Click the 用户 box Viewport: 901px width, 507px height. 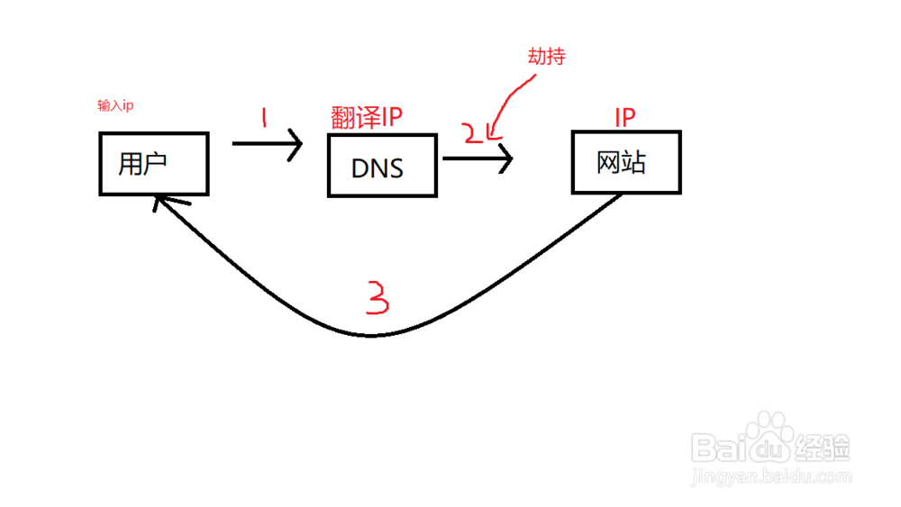point(154,163)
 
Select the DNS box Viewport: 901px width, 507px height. point(382,166)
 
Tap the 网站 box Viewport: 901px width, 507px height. point(626,162)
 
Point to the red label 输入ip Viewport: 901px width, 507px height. point(115,106)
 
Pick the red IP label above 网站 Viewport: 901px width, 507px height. point(625,117)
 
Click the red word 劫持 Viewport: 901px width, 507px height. point(546,57)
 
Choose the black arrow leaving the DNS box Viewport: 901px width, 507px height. point(478,159)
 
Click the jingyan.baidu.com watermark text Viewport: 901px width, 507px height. point(770,475)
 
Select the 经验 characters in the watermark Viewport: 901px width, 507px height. point(824,446)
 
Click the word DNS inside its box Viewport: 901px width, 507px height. point(378,167)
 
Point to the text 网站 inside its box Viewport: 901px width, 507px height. point(623,162)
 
